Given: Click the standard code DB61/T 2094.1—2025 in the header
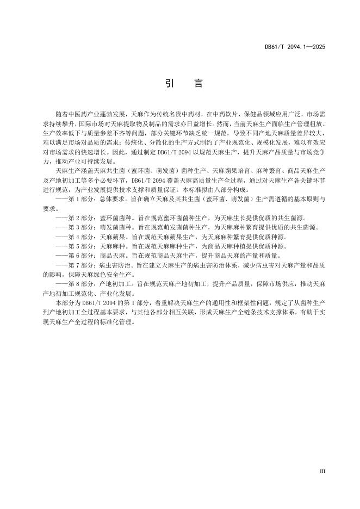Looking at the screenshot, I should tap(295, 48).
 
